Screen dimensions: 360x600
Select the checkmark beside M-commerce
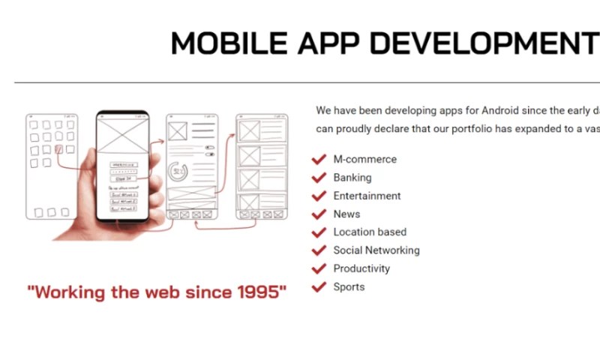coord(318,160)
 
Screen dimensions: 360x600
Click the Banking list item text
coord(352,178)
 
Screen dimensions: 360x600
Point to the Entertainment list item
coord(367,196)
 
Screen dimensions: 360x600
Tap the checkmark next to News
coord(318,214)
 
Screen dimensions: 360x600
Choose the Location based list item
coord(370,232)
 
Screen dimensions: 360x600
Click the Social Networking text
coord(376,250)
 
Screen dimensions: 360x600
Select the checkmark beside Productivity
coord(318,268)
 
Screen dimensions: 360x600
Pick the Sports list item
coord(349,286)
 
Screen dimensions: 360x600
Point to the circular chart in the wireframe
coord(178,171)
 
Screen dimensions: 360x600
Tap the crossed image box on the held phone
coord(121,139)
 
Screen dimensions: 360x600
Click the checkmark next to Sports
coord(318,286)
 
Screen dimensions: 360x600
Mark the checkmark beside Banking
coord(318,178)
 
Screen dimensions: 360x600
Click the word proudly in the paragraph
coord(355,129)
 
